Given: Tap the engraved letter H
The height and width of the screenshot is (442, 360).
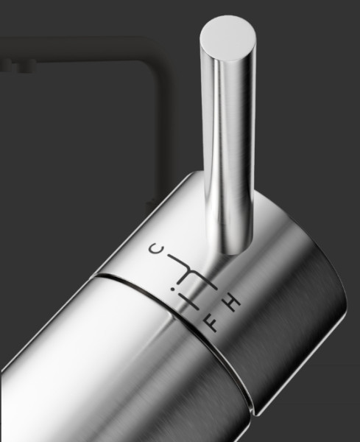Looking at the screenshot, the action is click(233, 303).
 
